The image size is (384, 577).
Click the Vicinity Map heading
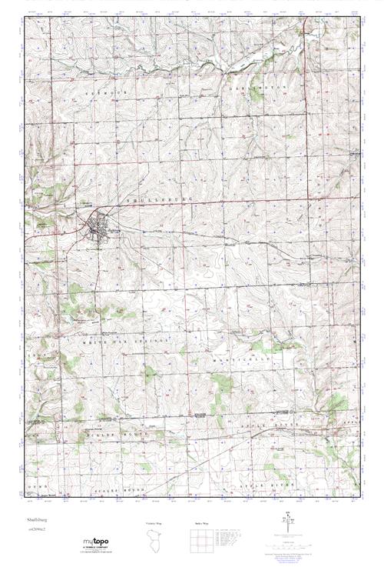tap(154, 524)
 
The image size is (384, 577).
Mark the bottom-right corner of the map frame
tap(360, 500)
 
